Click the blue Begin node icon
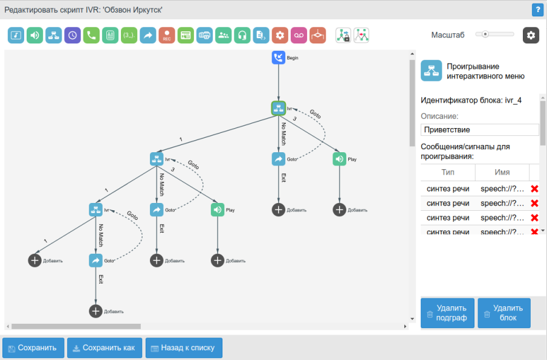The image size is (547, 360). pyautogui.click(x=278, y=58)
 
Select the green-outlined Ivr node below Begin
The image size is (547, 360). pyautogui.click(x=278, y=108)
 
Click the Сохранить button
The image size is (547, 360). pyautogui.click(x=33, y=348)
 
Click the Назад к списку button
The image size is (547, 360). pyautogui.click(x=184, y=348)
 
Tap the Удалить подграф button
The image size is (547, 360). pyautogui.click(x=447, y=313)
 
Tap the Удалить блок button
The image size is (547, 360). pyautogui.click(x=504, y=313)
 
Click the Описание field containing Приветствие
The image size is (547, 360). pyautogui.click(x=479, y=130)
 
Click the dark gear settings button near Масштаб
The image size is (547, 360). pyautogui.click(x=531, y=35)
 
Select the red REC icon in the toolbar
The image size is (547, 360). pyautogui.click(x=167, y=35)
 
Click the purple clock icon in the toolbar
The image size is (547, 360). pyautogui.click(x=73, y=35)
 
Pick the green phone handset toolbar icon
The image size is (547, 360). pyautogui.click(x=91, y=35)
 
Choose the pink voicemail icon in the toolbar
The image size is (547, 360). pyautogui.click(x=299, y=35)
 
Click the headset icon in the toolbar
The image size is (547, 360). pyautogui.click(x=242, y=35)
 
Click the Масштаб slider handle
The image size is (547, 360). pyautogui.click(x=485, y=34)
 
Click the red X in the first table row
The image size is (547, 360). pyautogui.click(x=534, y=189)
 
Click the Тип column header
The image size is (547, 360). pyautogui.click(x=448, y=172)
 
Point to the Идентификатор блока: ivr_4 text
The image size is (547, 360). pyautogui.click(x=471, y=100)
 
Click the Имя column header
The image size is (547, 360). pyautogui.click(x=502, y=172)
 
